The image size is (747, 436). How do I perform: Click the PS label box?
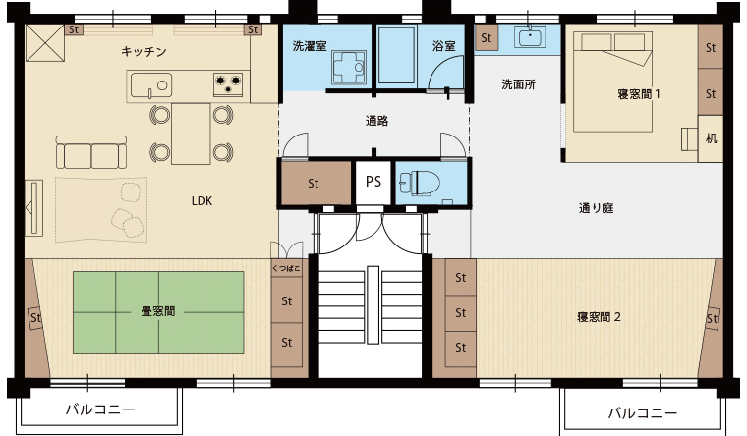coord(373,183)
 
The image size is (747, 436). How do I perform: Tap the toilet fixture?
coord(420,184)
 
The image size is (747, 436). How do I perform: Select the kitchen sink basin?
coord(151,85)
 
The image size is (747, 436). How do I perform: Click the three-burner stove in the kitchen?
coord(228,84)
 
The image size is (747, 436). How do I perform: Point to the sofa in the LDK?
coord(91,152)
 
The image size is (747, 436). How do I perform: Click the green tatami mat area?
coord(158,312)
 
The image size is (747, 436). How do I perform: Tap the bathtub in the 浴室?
coord(396,55)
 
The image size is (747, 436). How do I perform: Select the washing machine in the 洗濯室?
coord(349,68)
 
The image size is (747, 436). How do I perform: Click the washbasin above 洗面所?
coord(530,37)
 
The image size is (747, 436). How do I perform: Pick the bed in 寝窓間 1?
coord(612,82)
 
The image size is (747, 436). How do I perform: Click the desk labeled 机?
coord(711,138)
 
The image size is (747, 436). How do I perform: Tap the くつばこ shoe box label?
coord(286,268)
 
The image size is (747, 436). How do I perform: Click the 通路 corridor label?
coord(376,121)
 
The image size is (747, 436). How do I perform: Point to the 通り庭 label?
coord(596,208)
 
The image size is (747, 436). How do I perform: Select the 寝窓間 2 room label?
coord(599,317)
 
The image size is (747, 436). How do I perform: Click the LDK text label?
coord(202,201)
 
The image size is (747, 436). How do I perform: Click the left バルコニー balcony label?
coord(100,409)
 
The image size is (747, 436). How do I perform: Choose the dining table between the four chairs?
coord(191,134)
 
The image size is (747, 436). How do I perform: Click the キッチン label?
coord(144,51)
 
